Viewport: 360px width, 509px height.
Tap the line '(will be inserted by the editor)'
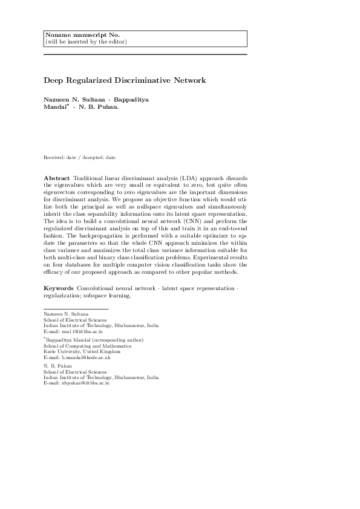[86, 42]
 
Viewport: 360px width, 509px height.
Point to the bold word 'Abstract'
[56, 178]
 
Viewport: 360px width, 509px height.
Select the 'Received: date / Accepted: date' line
[79, 157]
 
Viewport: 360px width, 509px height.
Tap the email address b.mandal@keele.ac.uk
[76, 358]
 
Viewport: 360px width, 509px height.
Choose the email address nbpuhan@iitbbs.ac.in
[77, 383]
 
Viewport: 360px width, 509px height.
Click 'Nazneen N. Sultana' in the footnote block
[66, 314]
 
